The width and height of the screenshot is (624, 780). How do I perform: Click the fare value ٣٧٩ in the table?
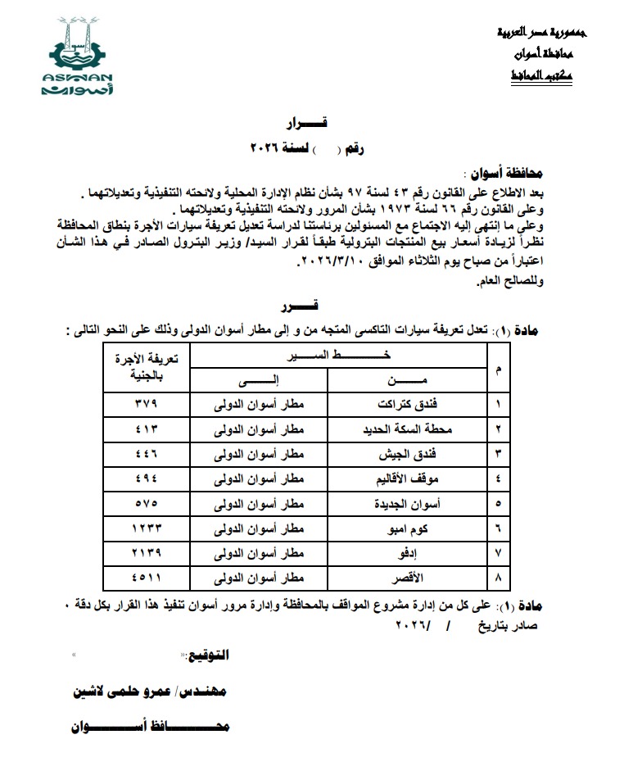(x=147, y=405)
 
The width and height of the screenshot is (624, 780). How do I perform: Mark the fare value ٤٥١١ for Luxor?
(x=147, y=578)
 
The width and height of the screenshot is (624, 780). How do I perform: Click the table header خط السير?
(x=338, y=356)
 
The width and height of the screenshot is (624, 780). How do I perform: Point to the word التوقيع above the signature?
(x=207, y=656)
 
